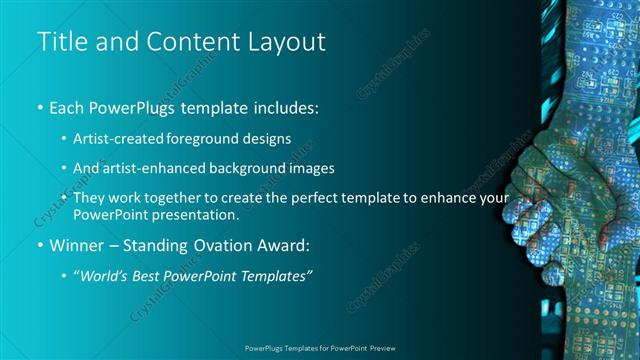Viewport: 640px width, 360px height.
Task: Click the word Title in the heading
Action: click(x=62, y=42)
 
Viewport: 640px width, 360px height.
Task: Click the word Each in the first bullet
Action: click(x=68, y=107)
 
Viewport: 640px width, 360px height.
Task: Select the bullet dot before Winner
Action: click(x=40, y=246)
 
